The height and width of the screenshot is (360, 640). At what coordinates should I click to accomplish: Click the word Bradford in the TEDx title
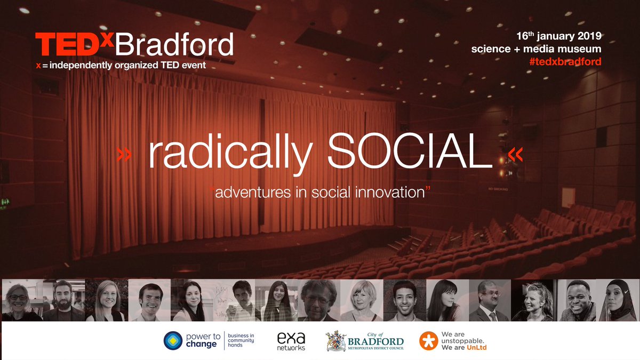coord(174,45)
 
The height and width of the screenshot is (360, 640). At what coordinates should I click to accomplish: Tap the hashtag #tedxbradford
coord(564,61)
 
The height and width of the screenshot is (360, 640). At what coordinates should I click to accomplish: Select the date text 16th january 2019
coord(559,36)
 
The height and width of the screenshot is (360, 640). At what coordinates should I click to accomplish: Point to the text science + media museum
coord(536,49)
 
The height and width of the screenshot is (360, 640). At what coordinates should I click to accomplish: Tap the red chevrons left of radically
coord(124,155)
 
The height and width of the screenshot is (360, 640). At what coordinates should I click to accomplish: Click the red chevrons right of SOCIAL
coord(516,155)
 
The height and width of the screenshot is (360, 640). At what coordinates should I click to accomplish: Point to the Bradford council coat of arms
coord(336,340)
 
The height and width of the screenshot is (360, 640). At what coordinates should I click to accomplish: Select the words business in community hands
coord(241,340)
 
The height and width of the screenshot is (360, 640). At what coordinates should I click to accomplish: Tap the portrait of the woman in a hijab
coord(618,301)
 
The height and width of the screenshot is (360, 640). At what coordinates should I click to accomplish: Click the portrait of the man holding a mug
coord(235,301)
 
